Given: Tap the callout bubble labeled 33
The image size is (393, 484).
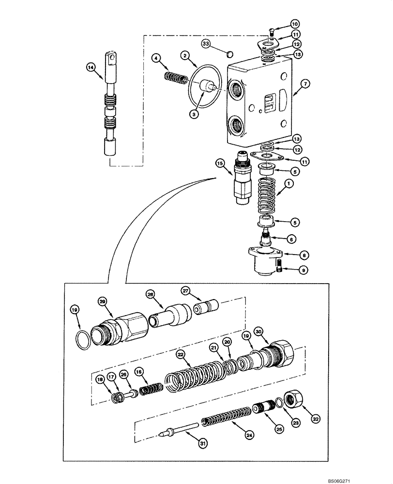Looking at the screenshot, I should tap(206, 44).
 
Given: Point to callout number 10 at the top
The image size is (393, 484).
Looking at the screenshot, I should tap(295, 23).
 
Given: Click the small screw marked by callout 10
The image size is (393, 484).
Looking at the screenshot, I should tap(272, 32).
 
